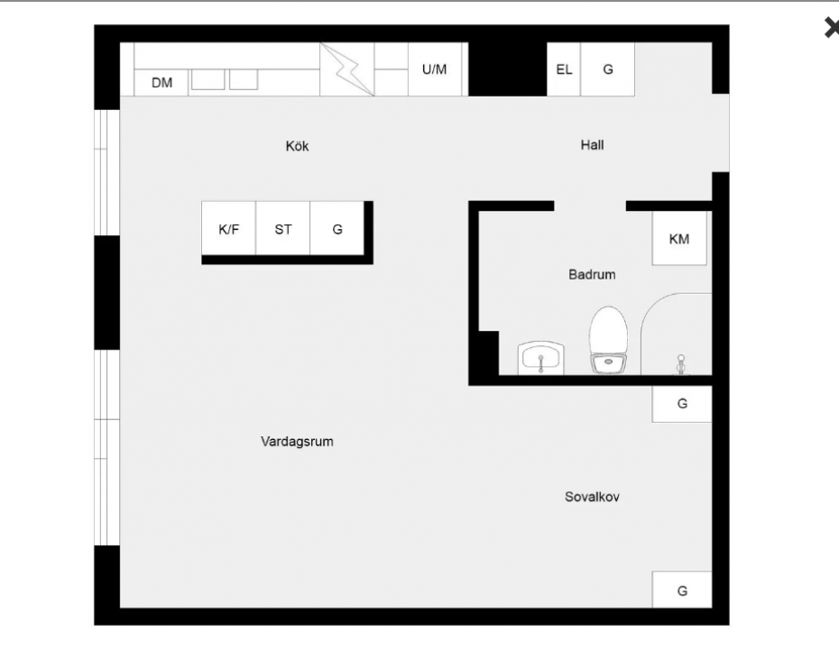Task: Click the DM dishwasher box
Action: click(x=161, y=83)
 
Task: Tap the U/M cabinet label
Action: click(x=434, y=69)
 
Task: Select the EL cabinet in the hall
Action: click(x=564, y=69)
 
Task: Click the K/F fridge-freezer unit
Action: click(x=228, y=228)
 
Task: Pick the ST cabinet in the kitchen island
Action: click(x=283, y=228)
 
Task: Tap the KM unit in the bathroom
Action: click(x=679, y=238)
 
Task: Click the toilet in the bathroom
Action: click(x=609, y=340)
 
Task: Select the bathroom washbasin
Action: click(x=541, y=358)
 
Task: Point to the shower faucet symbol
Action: click(x=680, y=364)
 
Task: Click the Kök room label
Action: click(x=297, y=146)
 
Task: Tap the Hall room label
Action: click(x=593, y=145)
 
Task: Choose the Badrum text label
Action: click(x=592, y=275)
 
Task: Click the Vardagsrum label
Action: click(x=297, y=442)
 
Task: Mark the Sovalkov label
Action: click(x=593, y=497)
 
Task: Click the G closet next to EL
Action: click(x=608, y=69)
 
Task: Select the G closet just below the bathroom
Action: click(x=682, y=404)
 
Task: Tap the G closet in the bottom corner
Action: click(x=682, y=590)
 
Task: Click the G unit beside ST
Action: click(x=337, y=228)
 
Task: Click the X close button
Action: click(x=832, y=27)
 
